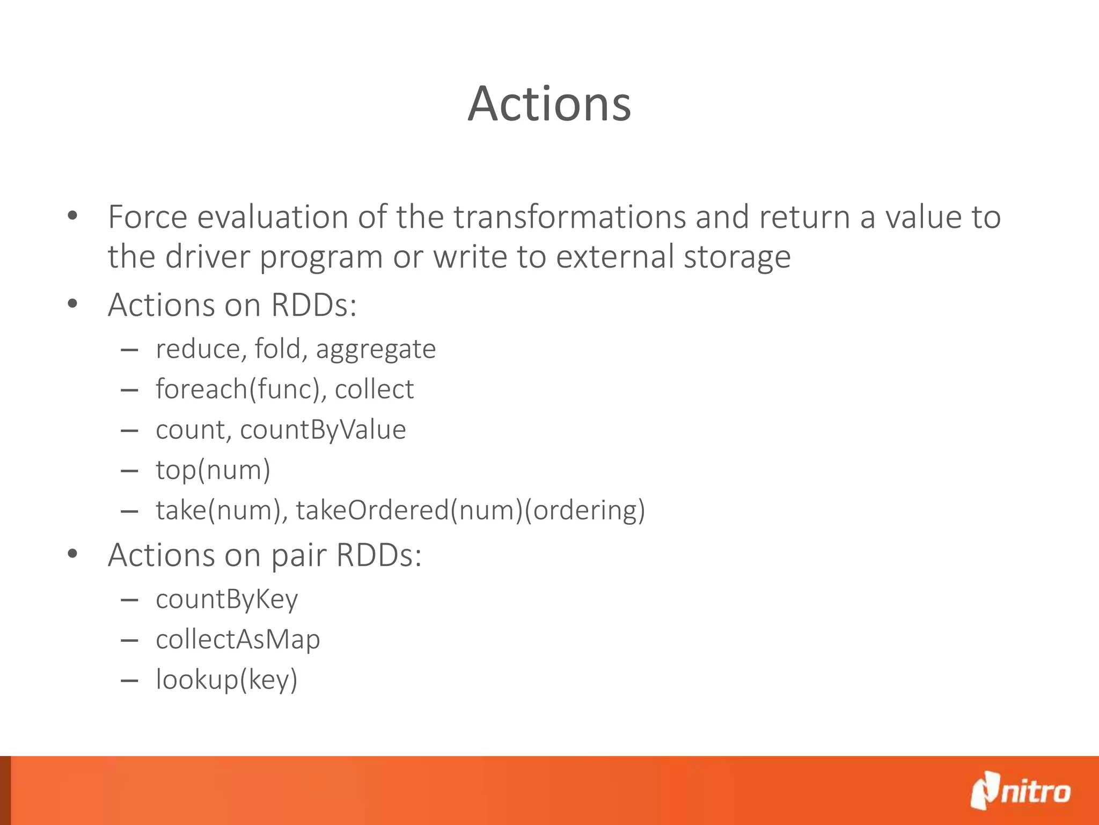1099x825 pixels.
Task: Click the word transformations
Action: (569, 217)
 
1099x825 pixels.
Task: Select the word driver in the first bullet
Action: (207, 257)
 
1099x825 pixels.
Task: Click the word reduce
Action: (197, 349)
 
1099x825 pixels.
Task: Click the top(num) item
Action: (213, 471)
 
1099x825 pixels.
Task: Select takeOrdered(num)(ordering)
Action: (470, 510)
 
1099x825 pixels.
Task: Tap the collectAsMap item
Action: (238, 640)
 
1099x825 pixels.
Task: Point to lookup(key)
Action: (226, 680)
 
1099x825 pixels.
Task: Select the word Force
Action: (148, 217)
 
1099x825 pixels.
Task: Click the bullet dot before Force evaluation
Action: (73, 217)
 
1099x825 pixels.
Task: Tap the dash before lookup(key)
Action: (130, 681)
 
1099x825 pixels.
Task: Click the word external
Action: (614, 257)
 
